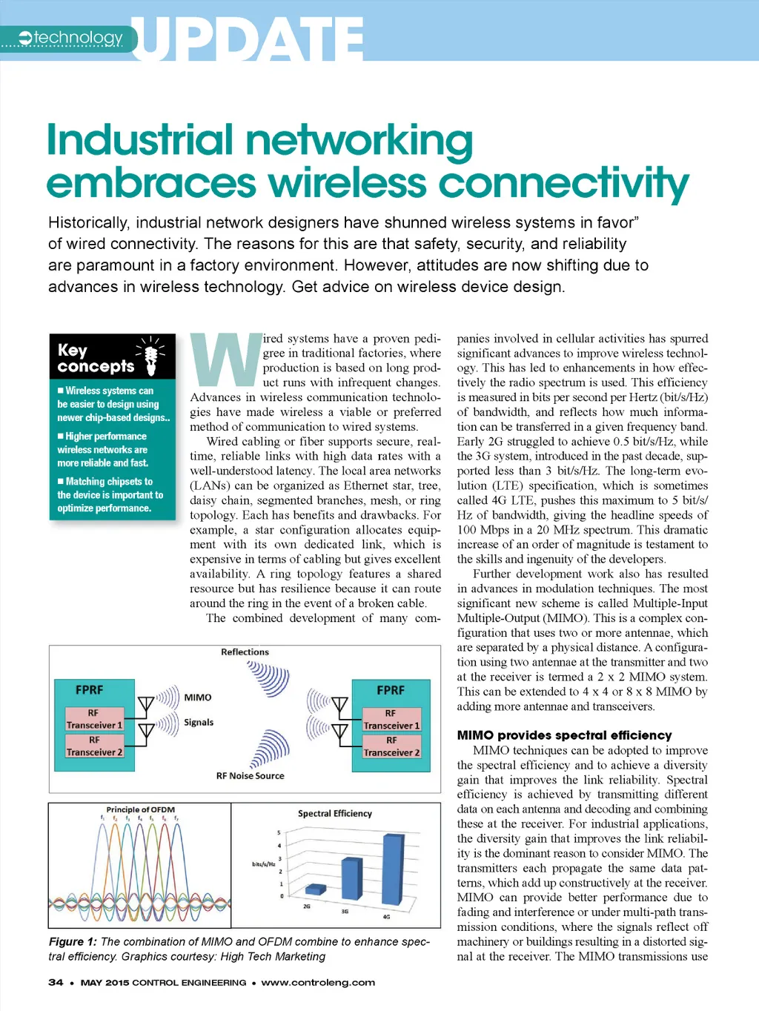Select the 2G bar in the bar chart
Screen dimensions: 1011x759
tap(316, 889)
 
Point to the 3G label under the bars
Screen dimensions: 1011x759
tap(345, 911)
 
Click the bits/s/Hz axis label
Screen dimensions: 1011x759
tap(263, 864)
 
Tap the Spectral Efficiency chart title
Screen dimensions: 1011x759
tap(335, 814)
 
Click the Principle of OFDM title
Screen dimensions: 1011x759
tap(141, 809)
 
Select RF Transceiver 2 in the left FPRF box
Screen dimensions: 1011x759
tap(94, 746)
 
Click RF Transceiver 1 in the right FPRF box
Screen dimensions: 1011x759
tap(391, 719)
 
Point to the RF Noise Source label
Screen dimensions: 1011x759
tap(250, 776)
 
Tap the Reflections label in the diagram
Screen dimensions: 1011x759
tap(245, 652)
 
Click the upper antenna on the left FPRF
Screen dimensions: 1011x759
tap(146, 703)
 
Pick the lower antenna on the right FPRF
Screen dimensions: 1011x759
tap(340, 732)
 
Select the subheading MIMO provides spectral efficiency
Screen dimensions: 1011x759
tap(564, 735)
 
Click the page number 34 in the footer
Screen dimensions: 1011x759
tap(56, 983)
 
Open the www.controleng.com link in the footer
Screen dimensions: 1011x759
tap(318, 983)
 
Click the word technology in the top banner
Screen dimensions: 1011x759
tap(79, 38)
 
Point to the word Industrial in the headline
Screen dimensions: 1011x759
tap(141, 140)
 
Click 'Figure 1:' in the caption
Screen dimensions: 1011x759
tap(73, 942)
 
